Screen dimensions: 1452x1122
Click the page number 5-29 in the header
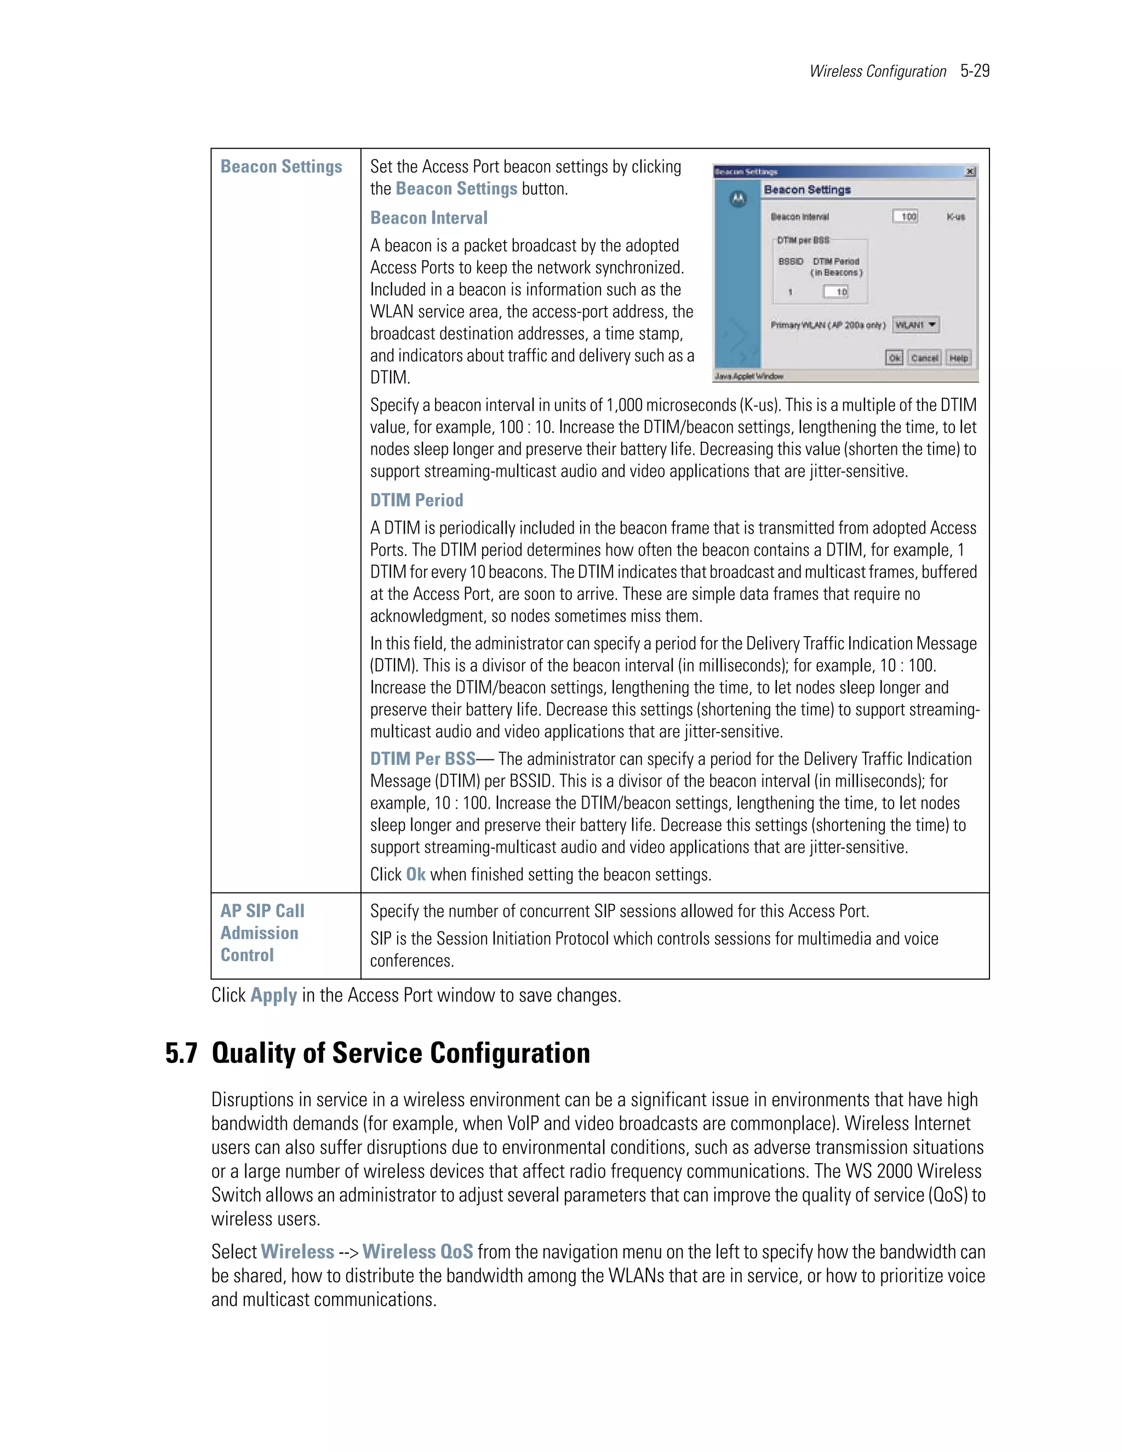[x=975, y=71]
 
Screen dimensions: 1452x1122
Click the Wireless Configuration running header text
[x=878, y=72]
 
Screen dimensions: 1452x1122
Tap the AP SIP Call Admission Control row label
[x=262, y=933]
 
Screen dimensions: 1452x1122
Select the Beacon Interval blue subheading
[x=429, y=218]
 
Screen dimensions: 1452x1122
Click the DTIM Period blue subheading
[x=417, y=500]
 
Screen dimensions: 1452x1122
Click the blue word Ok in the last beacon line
[x=415, y=874]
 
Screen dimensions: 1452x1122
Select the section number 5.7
[x=181, y=1053]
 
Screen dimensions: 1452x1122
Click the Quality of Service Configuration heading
[x=401, y=1053]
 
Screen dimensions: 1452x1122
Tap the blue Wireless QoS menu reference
[x=417, y=1251]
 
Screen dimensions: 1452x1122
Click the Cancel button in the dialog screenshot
[x=924, y=358]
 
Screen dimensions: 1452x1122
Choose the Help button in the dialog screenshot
[x=959, y=358]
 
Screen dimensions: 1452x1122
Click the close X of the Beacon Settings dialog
[x=970, y=172]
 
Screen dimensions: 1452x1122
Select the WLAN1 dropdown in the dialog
[x=915, y=324]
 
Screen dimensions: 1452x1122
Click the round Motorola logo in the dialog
[x=738, y=199]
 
